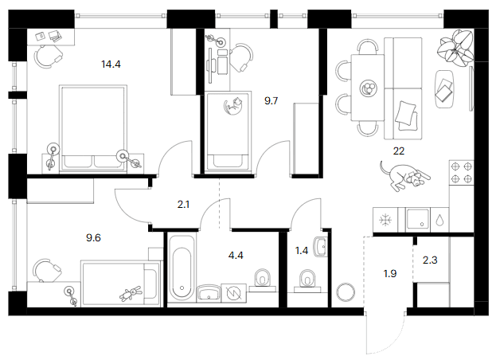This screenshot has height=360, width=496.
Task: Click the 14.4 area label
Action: [111, 65]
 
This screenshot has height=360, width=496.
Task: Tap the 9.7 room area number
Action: [271, 101]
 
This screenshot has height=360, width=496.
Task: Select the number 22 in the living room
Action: [399, 151]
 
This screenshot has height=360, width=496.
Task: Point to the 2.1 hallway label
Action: [183, 205]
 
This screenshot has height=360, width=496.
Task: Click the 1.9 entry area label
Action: [390, 273]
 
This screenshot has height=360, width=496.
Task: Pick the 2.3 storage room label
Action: [430, 260]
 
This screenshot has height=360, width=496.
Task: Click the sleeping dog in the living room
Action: [404, 176]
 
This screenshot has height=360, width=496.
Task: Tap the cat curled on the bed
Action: [233, 107]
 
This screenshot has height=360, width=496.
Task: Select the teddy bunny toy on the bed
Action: [130, 294]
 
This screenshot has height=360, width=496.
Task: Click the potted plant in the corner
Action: [455, 48]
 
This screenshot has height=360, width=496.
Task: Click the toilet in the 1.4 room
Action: [307, 280]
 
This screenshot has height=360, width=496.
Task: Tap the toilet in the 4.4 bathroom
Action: [263, 280]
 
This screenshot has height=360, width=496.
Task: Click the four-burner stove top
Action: [462, 172]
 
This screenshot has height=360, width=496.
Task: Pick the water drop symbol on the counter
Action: [439, 221]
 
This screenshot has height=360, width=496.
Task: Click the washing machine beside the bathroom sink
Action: [234, 293]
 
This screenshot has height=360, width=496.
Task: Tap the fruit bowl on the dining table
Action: [368, 88]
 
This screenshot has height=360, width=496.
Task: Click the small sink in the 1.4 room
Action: [320, 246]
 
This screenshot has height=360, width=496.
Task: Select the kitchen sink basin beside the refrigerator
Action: [417, 218]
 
